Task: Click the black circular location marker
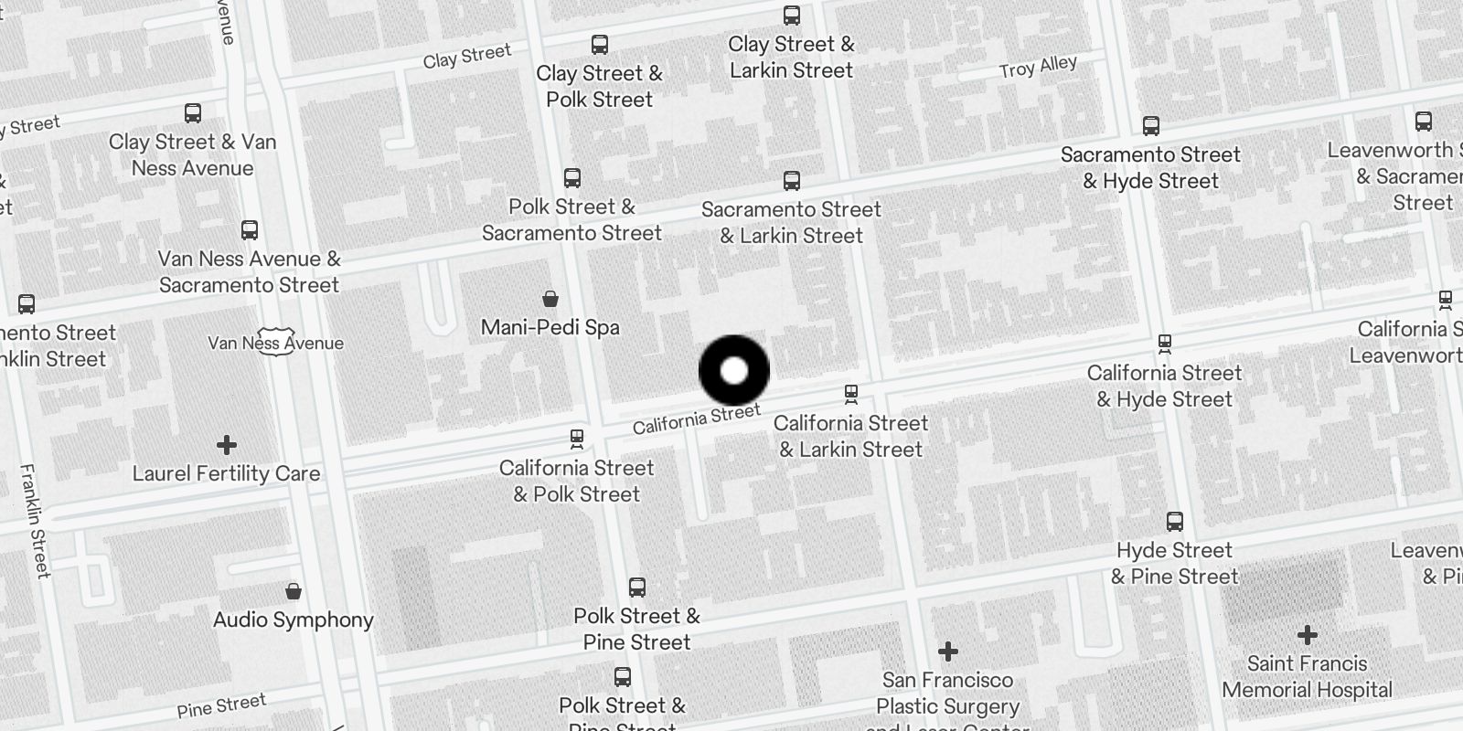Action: coord(734,371)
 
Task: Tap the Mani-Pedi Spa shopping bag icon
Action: coord(550,298)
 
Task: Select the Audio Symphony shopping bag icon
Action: coord(293,591)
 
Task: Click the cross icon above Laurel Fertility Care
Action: coord(226,445)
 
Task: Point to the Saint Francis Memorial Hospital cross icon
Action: coord(1307,634)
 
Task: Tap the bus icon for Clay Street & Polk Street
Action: coord(599,45)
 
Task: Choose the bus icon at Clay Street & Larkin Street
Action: coord(791,16)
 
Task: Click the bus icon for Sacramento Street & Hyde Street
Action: coord(1150,126)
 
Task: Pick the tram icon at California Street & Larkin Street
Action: coord(850,395)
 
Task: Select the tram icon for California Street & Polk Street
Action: coord(576,439)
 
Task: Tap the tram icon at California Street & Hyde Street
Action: coord(1164,344)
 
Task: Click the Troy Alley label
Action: coord(1038,67)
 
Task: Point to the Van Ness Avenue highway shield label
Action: coord(275,343)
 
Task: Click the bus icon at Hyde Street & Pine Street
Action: coord(1174,522)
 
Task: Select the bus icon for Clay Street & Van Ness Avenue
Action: coord(192,113)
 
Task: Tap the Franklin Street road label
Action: coord(35,521)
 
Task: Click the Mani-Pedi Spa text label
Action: coord(550,327)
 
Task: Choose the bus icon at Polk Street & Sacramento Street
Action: coord(571,178)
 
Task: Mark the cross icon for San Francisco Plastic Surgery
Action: coord(947,652)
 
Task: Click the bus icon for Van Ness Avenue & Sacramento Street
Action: coord(249,230)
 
